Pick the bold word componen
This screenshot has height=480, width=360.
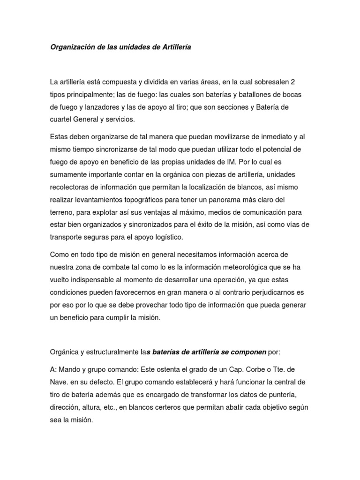249,352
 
